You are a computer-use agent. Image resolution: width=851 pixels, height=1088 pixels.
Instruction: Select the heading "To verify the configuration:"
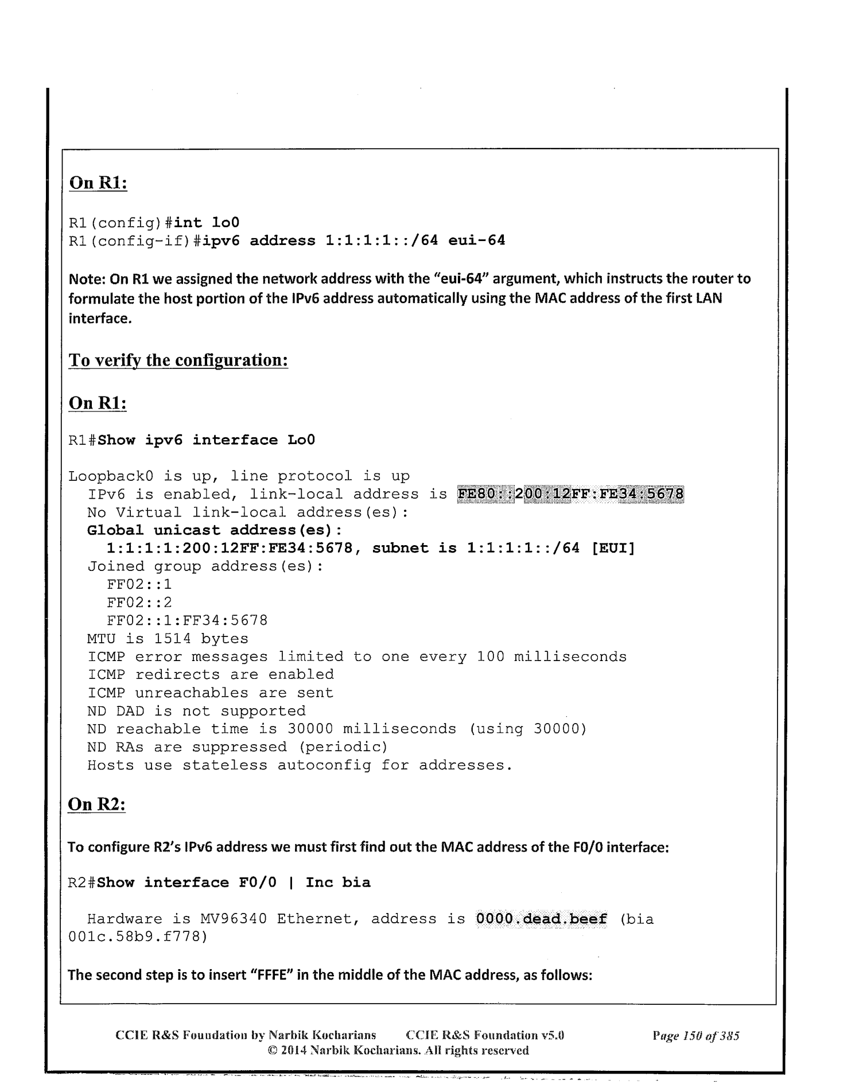(x=178, y=360)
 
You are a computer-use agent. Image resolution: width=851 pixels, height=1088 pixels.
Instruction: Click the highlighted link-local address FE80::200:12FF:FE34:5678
(x=571, y=494)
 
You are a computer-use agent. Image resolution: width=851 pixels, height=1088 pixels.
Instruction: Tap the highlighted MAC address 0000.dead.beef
(x=542, y=919)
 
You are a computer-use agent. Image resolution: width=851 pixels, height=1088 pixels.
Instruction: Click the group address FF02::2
(x=139, y=603)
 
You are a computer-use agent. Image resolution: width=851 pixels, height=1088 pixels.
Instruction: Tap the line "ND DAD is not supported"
(x=196, y=711)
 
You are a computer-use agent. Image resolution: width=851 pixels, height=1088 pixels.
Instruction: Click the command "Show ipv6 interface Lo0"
(x=206, y=440)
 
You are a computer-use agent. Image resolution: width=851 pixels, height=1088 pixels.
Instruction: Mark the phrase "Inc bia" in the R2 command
(x=338, y=882)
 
